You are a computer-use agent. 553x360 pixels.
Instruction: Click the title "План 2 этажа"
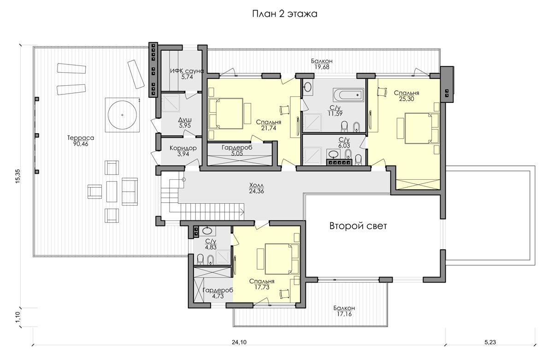285,14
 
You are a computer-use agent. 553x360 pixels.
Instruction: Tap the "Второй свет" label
358,226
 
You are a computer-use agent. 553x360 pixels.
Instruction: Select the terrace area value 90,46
81,144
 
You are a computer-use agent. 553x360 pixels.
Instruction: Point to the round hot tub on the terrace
122,115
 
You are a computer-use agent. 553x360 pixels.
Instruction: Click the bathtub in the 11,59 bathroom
348,94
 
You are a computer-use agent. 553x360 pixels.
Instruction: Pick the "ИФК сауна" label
187,71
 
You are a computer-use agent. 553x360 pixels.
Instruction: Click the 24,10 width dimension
239,342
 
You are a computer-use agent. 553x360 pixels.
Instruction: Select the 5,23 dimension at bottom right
490,342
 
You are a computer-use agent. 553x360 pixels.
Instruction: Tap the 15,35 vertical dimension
18,176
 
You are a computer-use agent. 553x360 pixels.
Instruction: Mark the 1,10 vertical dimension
18,317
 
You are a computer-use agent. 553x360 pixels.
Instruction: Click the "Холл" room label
257,185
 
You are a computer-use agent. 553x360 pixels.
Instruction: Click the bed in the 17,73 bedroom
282,259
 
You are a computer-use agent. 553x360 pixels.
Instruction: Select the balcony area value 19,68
322,67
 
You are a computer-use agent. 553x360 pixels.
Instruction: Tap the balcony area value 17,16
344,314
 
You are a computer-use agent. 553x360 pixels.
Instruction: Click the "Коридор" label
183,148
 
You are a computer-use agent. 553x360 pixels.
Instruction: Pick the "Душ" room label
185,120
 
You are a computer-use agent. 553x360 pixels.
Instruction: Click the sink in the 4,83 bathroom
207,231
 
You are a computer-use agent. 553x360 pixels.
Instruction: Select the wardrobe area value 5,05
237,153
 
